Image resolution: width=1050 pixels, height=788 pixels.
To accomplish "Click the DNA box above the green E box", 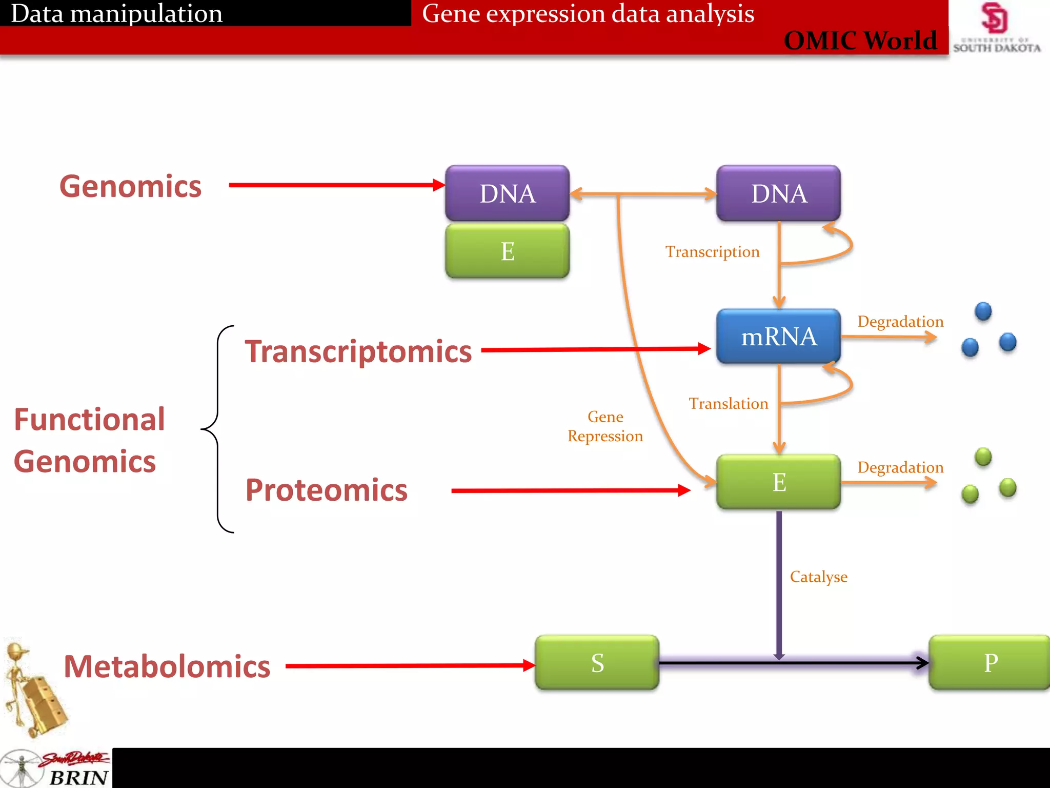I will (507, 193).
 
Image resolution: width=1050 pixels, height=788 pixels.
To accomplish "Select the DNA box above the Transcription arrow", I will (778, 193).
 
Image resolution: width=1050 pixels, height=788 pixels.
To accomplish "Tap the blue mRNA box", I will (778, 337).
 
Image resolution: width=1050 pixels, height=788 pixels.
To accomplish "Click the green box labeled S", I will (597, 662).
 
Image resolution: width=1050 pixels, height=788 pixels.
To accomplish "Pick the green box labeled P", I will (990, 662).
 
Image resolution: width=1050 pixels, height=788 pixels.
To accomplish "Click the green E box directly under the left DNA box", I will (507, 251).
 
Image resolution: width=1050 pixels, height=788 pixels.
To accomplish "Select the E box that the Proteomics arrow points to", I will (778, 482).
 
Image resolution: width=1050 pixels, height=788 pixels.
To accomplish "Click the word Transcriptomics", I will (358, 351).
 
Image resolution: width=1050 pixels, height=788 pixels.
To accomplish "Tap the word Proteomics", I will (326, 490).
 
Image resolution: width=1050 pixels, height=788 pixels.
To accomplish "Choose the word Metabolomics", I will (167, 666).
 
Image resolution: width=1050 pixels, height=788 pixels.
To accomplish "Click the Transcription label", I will (712, 252).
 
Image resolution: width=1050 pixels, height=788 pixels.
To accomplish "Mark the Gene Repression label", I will (605, 426).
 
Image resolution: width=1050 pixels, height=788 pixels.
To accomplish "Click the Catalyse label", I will (818, 577).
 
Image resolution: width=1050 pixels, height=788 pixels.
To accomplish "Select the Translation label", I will (728, 404).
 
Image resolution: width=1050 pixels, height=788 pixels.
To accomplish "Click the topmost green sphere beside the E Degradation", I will (983, 457).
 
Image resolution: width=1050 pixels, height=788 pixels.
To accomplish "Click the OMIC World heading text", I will (860, 41).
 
